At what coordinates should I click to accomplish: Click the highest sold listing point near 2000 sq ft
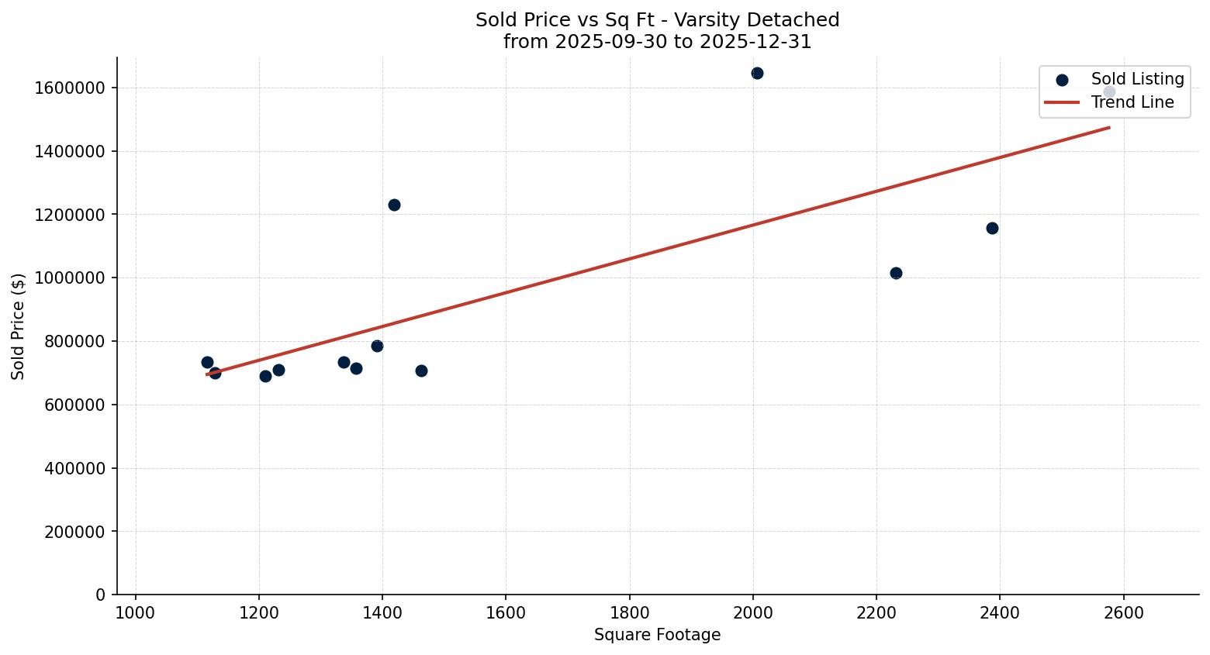(757, 74)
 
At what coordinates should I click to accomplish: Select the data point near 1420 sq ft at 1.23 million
(394, 205)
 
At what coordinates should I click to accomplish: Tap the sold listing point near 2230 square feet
(896, 274)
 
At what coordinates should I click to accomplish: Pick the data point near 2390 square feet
(992, 229)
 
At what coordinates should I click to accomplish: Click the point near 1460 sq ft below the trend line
(421, 371)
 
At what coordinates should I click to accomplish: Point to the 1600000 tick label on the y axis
(70, 88)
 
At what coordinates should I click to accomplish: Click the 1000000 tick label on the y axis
(70, 278)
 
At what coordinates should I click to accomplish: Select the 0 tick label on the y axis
(100, 595)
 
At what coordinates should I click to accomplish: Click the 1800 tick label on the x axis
(629, 613)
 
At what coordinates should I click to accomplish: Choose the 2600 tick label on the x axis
(1123, 613)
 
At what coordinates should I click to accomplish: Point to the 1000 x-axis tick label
(136, 613)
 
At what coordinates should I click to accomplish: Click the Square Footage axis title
(657, 636)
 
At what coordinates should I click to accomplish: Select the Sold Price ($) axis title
(19, 326)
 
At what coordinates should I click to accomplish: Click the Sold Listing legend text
(1137, 80)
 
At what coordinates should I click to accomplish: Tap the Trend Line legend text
(1132, 102)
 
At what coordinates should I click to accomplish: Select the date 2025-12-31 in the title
(755, 42)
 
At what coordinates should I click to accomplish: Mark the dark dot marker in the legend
(1062, 80)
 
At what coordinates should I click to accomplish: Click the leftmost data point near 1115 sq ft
(207, 363)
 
